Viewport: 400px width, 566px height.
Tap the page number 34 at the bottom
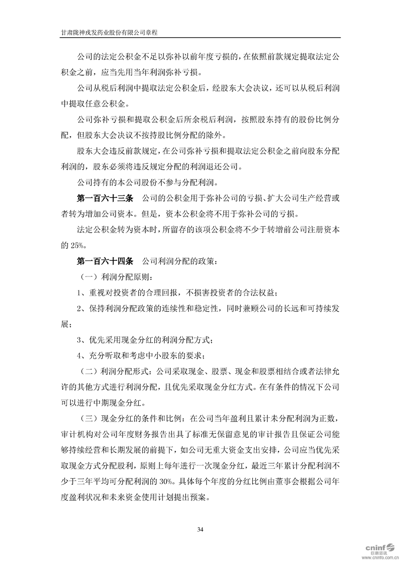pyautogui.click(x=200, y=529)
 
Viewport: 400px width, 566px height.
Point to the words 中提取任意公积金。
pyautogui.click(x=95, y=105)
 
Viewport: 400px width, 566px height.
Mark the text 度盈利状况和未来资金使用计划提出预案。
pyautogui.click(x=141, y=497)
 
